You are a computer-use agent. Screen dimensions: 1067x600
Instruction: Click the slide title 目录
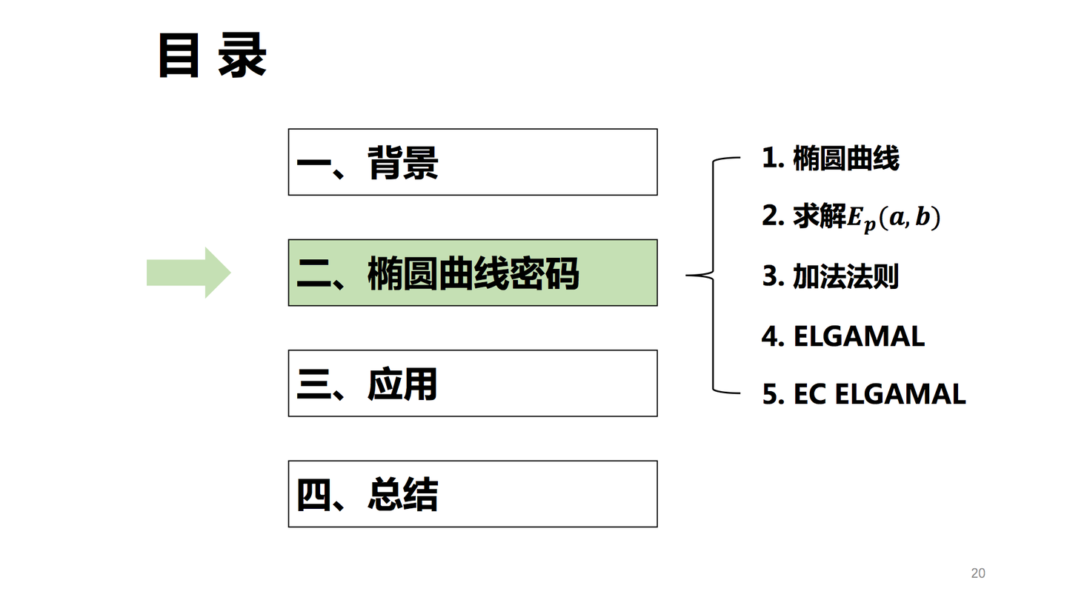[212, 55]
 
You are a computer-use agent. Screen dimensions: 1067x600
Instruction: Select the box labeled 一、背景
[473, 162]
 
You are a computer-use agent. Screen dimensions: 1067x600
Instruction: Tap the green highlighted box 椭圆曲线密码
[473, 273]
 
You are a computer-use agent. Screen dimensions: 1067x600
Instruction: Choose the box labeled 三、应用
[473, 384]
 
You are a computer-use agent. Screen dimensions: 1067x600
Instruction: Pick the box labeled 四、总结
[473, 494]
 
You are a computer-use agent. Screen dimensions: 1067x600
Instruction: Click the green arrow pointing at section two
[189, 273]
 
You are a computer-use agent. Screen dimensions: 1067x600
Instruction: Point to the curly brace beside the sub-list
[713, 276]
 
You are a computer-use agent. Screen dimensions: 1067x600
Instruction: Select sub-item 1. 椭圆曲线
[830, 158]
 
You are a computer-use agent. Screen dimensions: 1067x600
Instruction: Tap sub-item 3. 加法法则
[830, 276]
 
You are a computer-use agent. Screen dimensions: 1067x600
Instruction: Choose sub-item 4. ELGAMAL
[843, 336]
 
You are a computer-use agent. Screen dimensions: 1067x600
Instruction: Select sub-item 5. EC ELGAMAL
[864, 394]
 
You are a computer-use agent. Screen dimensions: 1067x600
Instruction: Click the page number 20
[978, 573]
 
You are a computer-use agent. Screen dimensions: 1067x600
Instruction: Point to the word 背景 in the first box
[402, 162]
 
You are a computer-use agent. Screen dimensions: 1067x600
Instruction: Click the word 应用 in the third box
[402, 384]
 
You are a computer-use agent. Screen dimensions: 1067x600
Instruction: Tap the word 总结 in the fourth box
[402, 494]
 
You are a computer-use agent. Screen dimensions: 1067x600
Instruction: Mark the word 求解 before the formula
[820, 216]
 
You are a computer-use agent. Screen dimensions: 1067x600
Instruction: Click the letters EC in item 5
[809, 394]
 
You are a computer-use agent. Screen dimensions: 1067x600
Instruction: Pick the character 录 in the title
[242, 55]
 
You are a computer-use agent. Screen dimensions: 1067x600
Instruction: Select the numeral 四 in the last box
[314, 495]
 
